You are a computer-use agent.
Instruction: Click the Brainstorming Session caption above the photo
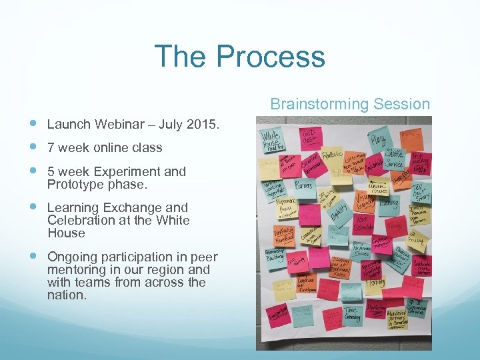350,104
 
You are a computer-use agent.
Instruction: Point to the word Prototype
74,183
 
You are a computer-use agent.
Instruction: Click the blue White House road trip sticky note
273,139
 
